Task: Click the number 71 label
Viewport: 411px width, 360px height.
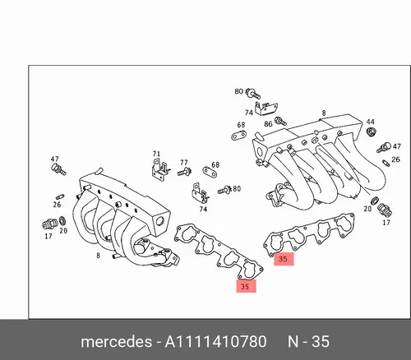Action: [156, 154]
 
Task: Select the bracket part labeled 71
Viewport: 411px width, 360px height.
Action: [160, 169]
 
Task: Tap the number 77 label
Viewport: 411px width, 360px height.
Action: [184, 163]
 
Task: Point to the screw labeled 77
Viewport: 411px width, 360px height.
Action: [185, 172]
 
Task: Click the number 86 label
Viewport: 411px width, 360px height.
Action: [268, 124]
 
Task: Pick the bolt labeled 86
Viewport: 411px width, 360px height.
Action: [281, 121]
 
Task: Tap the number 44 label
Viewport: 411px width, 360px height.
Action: [371, 122]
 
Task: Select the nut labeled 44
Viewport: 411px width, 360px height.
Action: [371, 132]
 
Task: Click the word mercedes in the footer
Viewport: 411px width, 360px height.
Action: [116, 342]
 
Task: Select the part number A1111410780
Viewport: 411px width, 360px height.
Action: [215, 342]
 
